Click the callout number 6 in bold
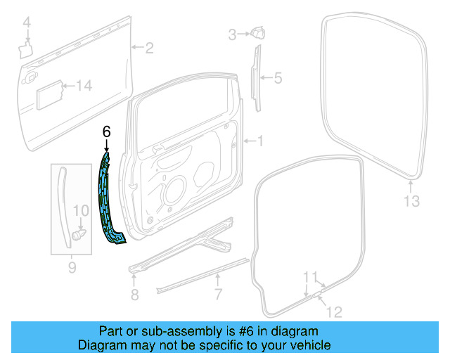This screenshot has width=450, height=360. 106,131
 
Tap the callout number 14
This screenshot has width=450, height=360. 84,86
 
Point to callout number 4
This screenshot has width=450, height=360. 27,25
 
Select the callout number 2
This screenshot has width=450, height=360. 148,48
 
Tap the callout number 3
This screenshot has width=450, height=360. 232,34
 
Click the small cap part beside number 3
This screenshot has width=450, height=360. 256,32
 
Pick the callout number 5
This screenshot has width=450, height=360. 277,78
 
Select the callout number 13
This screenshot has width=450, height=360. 411,202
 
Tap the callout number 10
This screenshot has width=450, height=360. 81,210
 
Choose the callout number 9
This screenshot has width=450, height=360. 71,267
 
